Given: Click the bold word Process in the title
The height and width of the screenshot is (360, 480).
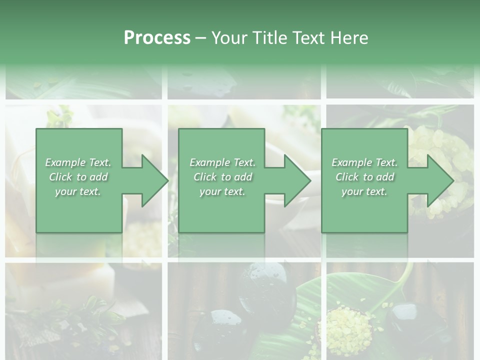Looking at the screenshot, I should pos(157,38).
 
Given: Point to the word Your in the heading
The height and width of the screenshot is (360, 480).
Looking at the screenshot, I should pos(231,38).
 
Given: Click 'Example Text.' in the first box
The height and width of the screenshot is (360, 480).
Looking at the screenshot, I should pos(78,162).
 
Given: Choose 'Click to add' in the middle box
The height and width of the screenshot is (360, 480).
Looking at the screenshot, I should pos(222,177).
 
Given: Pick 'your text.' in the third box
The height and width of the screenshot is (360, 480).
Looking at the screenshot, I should pos(364,191).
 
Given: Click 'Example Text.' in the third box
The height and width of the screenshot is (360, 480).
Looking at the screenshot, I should pos(364,162).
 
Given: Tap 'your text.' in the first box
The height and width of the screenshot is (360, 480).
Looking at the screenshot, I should pos(78,191).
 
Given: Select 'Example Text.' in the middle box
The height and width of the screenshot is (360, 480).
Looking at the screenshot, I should pos(222,162).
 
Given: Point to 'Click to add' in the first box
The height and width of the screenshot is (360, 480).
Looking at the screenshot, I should pos(78,177).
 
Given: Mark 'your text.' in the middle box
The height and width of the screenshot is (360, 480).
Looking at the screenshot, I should pos(222,191).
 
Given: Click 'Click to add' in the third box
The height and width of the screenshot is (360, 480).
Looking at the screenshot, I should pos(364,177).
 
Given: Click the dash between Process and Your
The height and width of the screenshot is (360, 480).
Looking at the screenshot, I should pos(201,38).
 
